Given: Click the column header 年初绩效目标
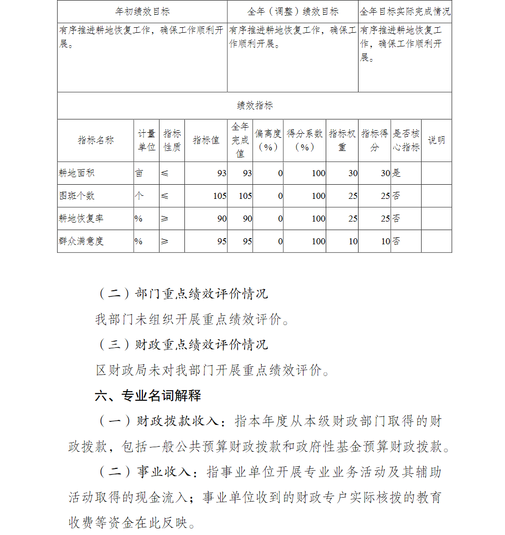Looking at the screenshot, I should (x=142, y=11).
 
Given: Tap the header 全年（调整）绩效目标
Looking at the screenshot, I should (x=293, y=11).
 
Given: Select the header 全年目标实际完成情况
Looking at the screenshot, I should (x=405, y=11).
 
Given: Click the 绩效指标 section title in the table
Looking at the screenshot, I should (x=255, y=105).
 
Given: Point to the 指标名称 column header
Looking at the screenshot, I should (x=95, y=140).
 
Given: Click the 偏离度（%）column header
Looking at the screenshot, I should (x=268, y=140).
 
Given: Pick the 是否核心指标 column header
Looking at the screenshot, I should (x=406, y=140).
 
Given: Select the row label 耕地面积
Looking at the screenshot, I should (x=76, y=173).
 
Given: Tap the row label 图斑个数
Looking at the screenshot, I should (x=76, y=196).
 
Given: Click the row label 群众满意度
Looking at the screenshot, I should (x=81, y=241).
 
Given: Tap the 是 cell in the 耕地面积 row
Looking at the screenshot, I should (x=396, y=173).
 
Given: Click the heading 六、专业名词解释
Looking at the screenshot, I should (x=148, y=396).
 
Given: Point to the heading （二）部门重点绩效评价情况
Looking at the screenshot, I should (x=182, y=293).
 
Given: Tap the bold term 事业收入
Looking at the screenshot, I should (x=164, y=472).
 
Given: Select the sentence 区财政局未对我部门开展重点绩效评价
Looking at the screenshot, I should (x=212, y=370).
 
